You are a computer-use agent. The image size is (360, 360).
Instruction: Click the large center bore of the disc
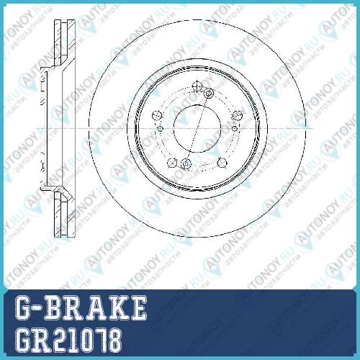click(197, 129)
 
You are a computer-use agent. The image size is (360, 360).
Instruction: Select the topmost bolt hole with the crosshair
click(197, 86)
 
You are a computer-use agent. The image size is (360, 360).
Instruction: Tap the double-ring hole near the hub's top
click(209, 93)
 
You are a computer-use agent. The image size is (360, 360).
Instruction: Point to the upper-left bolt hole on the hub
click(156, 115)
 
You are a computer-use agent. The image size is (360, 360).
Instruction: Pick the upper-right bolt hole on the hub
click(237, 115)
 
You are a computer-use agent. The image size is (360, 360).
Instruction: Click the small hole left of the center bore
click(160, 129)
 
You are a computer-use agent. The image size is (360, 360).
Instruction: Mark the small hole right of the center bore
click(235, 129)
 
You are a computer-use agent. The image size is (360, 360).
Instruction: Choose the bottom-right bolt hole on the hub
click(222, 163)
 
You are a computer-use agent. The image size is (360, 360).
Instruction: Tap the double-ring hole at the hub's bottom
click(185, 163)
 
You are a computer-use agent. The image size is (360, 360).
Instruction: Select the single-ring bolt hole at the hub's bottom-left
click(172, 163)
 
